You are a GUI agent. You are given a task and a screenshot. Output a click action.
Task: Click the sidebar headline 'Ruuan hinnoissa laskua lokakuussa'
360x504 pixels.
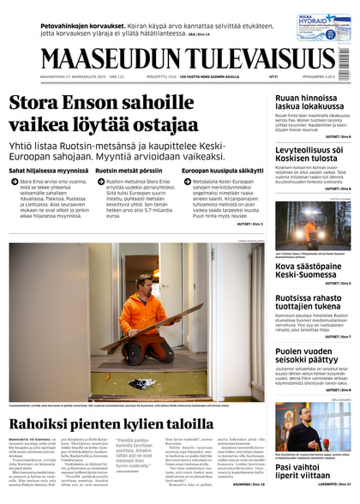click(309, 104)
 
